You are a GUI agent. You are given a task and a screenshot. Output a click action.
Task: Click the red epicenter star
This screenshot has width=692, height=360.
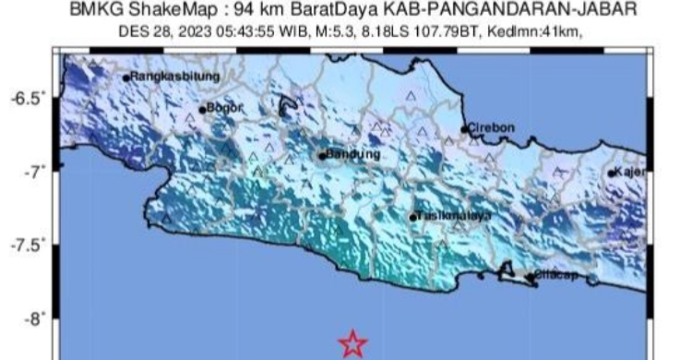(352, 344)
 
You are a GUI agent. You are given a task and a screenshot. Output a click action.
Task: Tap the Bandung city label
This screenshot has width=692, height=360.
(354, 154)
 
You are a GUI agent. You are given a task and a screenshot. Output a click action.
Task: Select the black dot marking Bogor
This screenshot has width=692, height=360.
(202, 110)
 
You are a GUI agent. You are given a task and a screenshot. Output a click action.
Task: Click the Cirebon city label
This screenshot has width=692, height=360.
(491, 127)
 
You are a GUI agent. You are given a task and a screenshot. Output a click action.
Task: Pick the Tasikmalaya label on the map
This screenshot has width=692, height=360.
(450, 216)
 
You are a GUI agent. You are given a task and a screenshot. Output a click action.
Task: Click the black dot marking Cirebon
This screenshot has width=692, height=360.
(464, 129)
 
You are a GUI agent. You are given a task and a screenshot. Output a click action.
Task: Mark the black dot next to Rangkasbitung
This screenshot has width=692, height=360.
(126, 78)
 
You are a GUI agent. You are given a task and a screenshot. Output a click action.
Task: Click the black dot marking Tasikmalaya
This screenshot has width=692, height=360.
(413, 218)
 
